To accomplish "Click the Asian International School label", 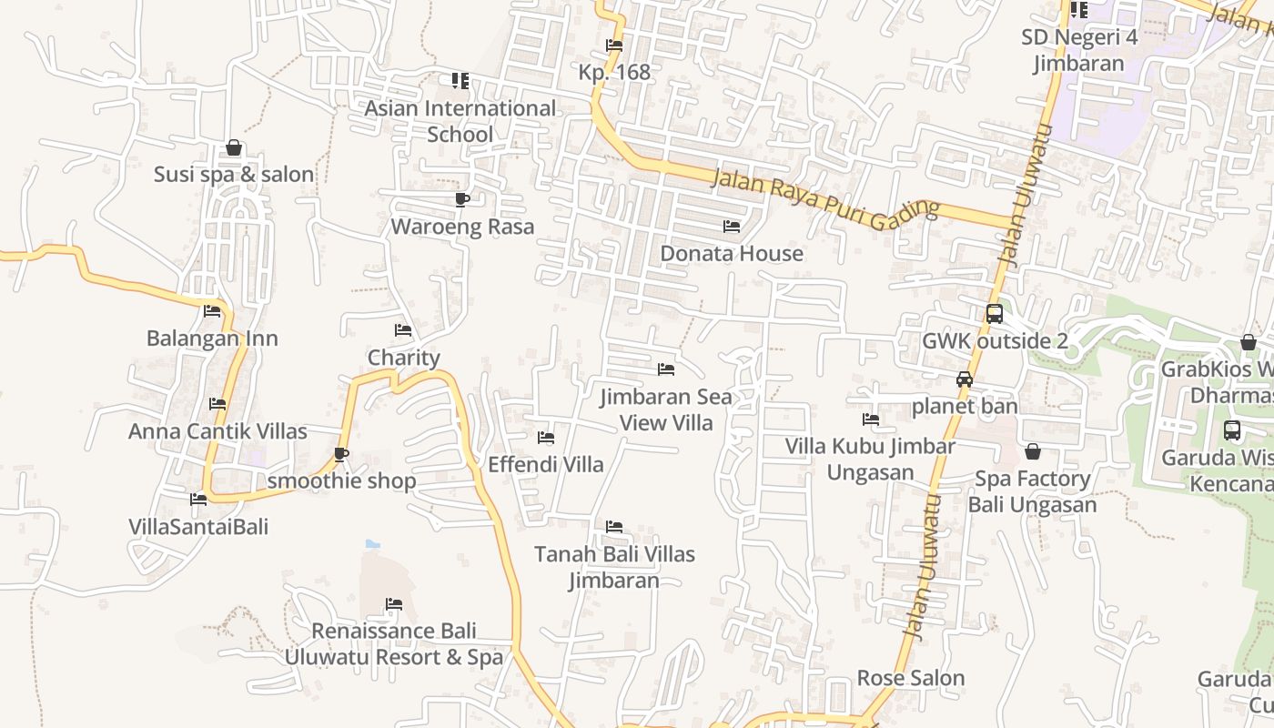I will click(460, 121).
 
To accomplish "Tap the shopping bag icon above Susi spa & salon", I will click(234, 147).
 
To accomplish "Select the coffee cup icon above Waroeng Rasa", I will click(462, 199).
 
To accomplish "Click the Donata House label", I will click(732, 253).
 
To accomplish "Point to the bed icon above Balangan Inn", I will click(212, 311).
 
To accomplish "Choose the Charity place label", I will click(403, 358).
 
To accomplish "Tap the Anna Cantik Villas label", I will click(217, 431).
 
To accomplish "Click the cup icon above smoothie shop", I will click(341, 454).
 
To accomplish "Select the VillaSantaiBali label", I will click(198, 526).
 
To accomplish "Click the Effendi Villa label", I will click(546, 464).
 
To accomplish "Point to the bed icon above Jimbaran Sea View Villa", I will click(666, 369).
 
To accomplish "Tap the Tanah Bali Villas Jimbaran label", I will click(614, 567).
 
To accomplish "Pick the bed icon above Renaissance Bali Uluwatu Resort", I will click(394, 604).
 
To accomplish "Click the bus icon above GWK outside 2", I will click(995, 314).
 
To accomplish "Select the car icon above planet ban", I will click(965, 379).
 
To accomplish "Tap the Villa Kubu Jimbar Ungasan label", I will click(871, 459).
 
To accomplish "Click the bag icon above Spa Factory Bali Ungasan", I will click(1033, 451).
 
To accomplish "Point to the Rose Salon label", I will click(911, 678).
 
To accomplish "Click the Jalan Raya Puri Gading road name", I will click(824, 198).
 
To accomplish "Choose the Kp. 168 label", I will click(614, 72).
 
